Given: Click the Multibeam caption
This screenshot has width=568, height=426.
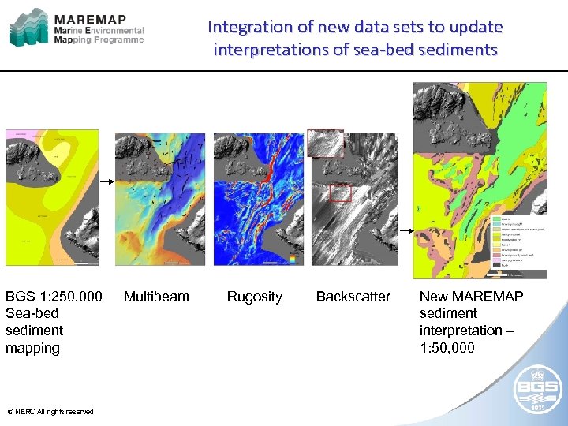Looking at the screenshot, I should click(x=156, y=297).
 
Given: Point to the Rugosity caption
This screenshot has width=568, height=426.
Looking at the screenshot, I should click(x=254, y=297).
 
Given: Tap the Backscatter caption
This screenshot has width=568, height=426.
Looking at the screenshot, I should click(x=353, y=297).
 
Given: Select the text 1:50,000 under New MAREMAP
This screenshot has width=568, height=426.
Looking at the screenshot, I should click(x=447, y=348).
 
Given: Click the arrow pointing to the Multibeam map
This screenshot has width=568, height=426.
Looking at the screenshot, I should click(x=106, y=182).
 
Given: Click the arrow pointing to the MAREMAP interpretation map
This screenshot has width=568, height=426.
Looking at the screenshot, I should click(x=404, y=230).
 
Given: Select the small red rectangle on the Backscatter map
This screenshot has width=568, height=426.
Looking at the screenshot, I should click(x=340, y=192).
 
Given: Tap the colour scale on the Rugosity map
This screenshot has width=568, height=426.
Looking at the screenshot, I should click(x=292, y=259).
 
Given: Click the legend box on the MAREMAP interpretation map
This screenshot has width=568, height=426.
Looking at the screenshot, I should click(x=519, y=245).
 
